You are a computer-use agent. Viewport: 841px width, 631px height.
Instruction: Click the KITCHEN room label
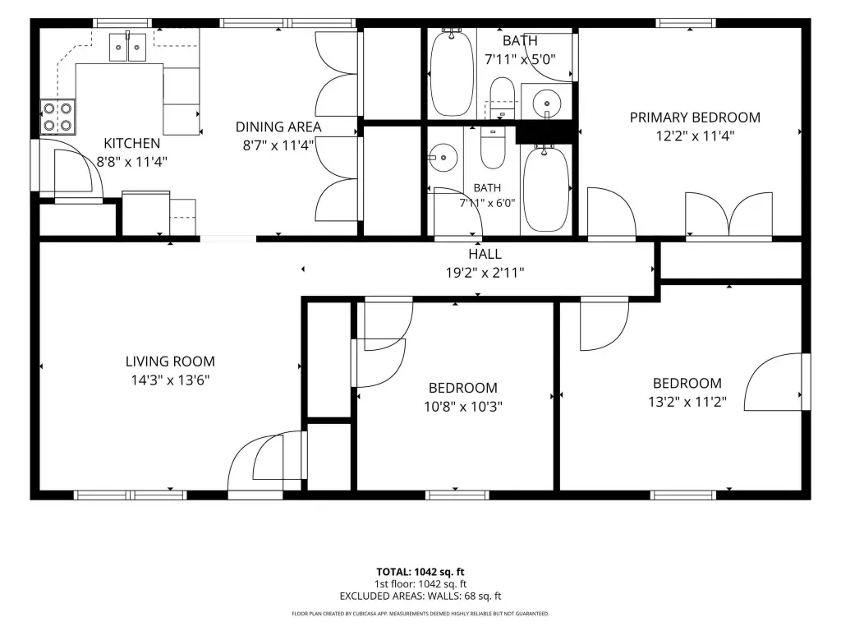coord(132,143)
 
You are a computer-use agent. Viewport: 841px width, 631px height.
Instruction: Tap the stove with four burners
coord(57,117)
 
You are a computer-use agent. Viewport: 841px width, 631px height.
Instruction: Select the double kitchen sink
coord(127,47)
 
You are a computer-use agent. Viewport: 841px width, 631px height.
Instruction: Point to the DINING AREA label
coord(278,127)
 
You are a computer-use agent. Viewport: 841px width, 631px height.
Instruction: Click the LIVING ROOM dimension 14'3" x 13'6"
coord(170,380)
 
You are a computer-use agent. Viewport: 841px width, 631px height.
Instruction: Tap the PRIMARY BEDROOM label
coord(695,117)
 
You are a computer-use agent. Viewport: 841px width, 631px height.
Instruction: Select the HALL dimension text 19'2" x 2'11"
coord(485,273)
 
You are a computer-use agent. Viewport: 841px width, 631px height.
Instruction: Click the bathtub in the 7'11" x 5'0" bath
coord(452,73)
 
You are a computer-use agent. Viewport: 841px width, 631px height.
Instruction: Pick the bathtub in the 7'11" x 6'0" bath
coord(546,188)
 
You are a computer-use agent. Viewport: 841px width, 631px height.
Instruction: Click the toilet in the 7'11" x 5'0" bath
coord(502,98)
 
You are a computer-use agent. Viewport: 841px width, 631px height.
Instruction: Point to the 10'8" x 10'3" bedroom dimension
coord(463,407)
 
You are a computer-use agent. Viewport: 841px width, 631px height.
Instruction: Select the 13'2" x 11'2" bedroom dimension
coord(687,402)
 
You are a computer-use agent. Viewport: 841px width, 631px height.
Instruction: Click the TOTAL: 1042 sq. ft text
coord(420,572)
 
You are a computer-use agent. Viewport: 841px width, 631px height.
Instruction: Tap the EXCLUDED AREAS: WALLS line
coord(420,596)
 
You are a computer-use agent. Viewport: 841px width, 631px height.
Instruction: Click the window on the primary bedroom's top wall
coord(686,23)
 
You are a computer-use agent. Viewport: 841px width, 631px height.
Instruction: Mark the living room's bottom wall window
coord(131,495)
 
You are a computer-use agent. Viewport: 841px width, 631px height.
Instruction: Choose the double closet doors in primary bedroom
coord(729,214)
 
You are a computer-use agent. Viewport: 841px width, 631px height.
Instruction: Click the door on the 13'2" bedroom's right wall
coord(777,381)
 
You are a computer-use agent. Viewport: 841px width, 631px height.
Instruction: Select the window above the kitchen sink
coord(122,23)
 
